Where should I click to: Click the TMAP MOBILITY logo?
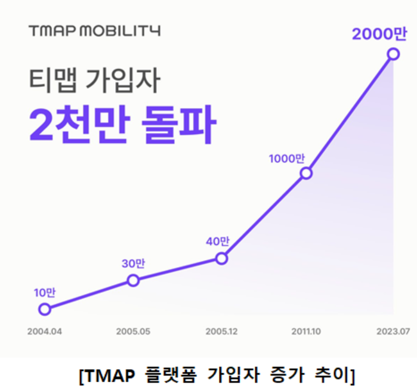tap(94, 30)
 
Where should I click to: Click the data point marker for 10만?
tap(44, 309)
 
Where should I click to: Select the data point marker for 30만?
tap(133, 280)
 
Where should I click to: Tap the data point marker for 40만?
tap(221, 258)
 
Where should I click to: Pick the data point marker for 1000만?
tap(306, 173)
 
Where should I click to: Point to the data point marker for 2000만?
tap(393, 54)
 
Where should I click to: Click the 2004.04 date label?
tap(44, 331)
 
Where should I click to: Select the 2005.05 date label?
tap(133, 331)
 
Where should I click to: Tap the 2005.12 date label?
tap(221, 331)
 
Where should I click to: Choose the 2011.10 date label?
tap(306, 331)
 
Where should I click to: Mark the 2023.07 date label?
tap(392, 331)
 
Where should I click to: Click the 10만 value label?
tap(44, 292)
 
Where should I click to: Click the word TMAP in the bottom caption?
tap(105, 375)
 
